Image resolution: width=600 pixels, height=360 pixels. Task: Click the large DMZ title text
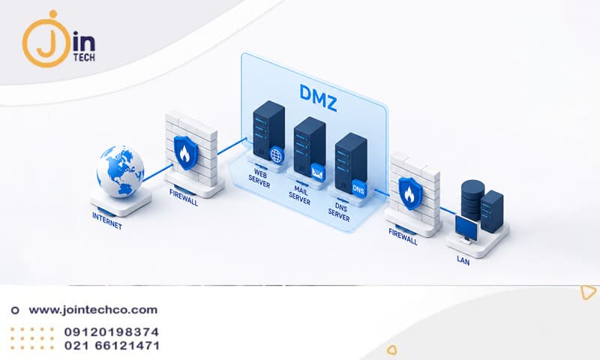click(x=318, y=97)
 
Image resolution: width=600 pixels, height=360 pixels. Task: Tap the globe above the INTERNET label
click(x=120, y=171)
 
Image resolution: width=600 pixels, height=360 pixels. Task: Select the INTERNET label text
click(x=107, y=221)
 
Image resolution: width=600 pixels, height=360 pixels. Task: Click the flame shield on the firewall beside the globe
click(x=186, y=152)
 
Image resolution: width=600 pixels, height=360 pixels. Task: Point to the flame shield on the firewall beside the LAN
click(x=410, y=193)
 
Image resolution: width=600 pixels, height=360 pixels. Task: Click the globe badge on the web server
click(x=277, y=155)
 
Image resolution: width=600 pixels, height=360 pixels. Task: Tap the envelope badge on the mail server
click(x=317, y=172)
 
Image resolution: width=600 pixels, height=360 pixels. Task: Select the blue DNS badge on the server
click(x=358, y=188)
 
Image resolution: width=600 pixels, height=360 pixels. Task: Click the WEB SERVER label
click(x=259, y=178)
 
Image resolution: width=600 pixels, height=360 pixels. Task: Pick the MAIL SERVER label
click(x=299, y=194)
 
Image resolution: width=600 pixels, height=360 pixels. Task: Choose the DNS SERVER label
click(x=339, y=211)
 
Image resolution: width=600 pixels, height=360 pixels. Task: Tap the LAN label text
click(x=463, y=260)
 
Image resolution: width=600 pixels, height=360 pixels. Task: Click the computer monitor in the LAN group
click(x=466, y=229)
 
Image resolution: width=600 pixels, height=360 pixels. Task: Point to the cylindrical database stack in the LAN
click(x=472, y=199)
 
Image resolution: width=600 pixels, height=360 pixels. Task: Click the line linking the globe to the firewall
click(x=157, y=173)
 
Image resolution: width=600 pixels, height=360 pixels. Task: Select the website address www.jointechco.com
click(x=93, y=310)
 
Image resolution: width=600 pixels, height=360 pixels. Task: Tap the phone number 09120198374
click(x=111, y=331)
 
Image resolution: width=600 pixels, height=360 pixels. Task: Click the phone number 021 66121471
click(x=112, y=346)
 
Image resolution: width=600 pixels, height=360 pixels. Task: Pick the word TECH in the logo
click(x=84, y=56)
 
